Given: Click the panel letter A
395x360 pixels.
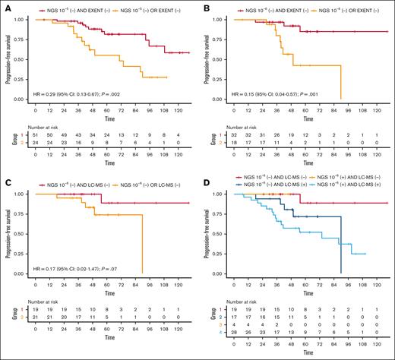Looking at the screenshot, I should (x=5, y=7).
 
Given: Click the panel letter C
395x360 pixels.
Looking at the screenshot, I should (x=5, y=187).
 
